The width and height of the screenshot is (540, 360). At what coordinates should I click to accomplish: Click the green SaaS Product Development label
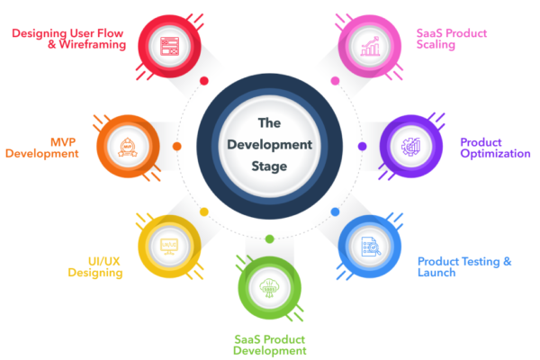tap(270, 344)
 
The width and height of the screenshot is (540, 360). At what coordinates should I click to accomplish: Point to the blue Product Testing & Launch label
tap(464, 266)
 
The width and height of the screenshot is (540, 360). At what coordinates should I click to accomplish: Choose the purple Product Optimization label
tap(495, 148)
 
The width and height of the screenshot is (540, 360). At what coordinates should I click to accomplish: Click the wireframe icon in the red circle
tap(171, 44)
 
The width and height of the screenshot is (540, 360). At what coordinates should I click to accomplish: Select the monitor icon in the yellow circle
tap(169, 245)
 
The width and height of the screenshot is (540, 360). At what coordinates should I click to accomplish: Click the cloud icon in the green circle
tap(270, 287)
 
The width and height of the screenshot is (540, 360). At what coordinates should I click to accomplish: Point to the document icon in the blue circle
tap(371, 247)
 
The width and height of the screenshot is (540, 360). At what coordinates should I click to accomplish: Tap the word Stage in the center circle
tap(270, 166)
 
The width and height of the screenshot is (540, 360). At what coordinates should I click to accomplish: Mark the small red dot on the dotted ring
tap(204, 80)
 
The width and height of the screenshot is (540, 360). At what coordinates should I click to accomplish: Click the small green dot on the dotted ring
tap(269, 238)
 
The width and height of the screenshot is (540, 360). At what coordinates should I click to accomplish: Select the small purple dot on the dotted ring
tap(363, 146)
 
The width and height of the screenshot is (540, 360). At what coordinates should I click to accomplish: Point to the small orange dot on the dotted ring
tap(176, 146)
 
